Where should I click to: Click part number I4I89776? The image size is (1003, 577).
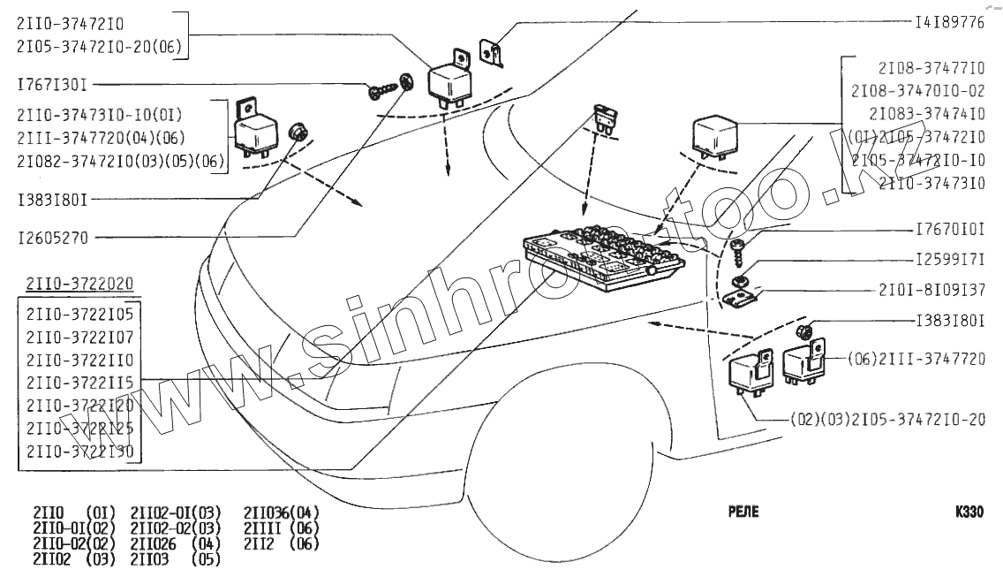coord(950,22)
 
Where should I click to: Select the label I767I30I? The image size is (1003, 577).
coord(52,85)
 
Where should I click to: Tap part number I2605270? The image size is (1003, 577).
coord(53,237)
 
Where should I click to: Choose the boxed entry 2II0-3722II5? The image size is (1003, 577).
coord(79,382)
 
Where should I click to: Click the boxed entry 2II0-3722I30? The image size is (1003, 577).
coord(79,451)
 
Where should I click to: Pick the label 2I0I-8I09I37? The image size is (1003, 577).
coord(931,290)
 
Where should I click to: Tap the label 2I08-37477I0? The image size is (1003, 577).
coord(931,67)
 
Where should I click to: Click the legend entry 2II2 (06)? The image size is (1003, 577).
coord(281,544)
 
